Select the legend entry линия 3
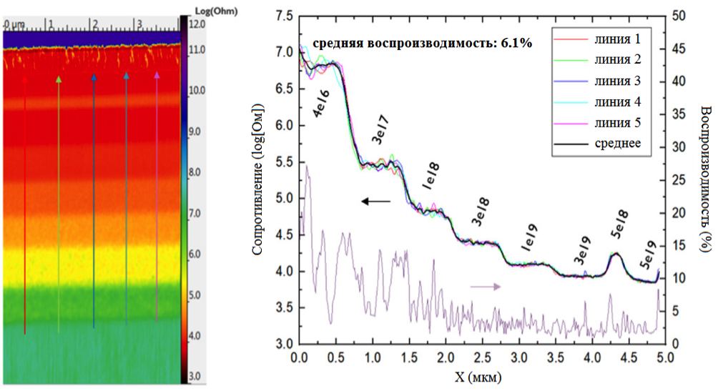pos(615,79)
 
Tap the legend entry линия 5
pos(615,122)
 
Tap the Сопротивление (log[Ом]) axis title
pos(257,179)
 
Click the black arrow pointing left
pos(376,202)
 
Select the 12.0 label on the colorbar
pos(197,24)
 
